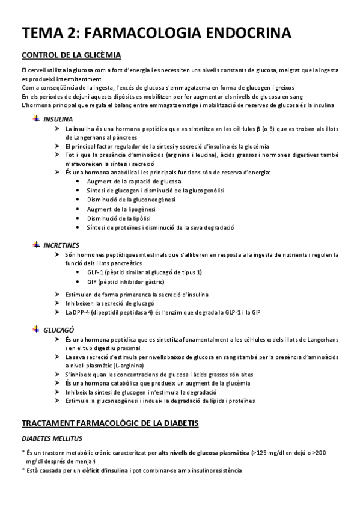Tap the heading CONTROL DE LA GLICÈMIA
pyautogui.click(x=71, y=56)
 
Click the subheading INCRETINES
pyautogui.click(x=61, y=245)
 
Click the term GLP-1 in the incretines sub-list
pyautogui.click(x=94, y=272)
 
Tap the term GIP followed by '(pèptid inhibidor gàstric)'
pyautogui.click(x=92, y=281)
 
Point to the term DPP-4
pyautogui.click(x=84, y=312)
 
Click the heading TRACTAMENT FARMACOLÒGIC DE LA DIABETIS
pyautogui.click(x=110, y=423)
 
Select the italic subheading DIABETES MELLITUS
pyautogui.click(x=52, y=438)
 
